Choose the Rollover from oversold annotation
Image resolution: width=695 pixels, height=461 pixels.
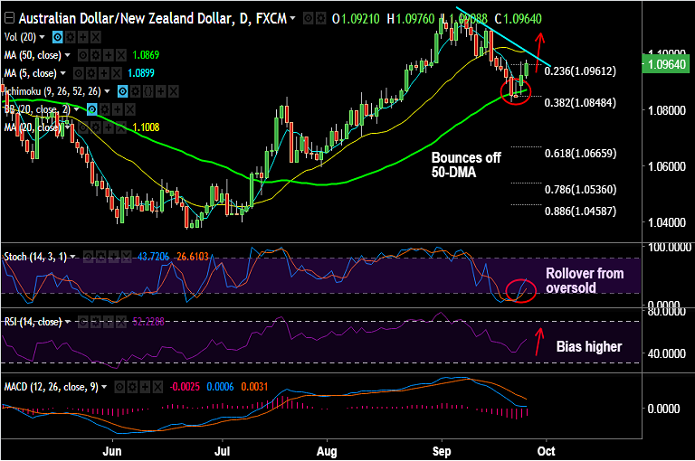584,280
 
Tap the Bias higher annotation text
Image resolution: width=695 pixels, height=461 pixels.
588,346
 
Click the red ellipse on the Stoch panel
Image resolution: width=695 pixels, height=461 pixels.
520,290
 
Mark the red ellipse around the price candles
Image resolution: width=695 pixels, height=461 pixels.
515,90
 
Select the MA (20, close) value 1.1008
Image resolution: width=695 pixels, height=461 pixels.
146,127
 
